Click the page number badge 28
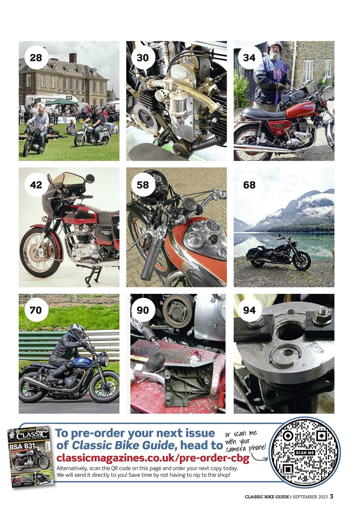click(x=36, y=58)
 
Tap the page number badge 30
click(x=143, y=58)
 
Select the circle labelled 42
click(x=36, y=185)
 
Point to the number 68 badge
click(x=250, y=185)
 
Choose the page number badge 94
click(x=250, y=310)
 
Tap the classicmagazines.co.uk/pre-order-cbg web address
click(x=153, y=458)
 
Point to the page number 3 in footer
click(x=331, y=496)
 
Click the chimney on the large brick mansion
click(x=73, y=58)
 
